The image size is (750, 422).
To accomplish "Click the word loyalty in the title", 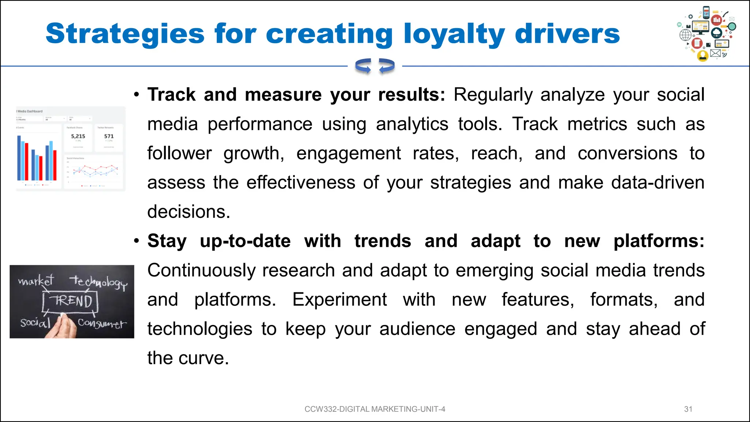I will point(454,34).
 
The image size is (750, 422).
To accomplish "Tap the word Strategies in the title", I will point(125,34).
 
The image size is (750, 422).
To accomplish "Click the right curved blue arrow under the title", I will point(387,66).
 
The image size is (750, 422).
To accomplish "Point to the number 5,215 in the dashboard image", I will point(78,136).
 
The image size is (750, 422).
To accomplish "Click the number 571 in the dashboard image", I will point(109,136).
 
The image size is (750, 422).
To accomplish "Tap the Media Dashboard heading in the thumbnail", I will point(30,111).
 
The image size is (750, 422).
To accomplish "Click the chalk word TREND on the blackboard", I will point(73,301).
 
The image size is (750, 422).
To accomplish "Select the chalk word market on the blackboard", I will point(36,281).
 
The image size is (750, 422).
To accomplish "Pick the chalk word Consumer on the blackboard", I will point(102,323).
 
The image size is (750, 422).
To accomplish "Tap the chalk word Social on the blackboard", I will point(35,323).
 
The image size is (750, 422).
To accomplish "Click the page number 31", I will point(688,409).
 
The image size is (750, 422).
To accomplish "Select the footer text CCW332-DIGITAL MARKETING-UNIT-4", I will point(375,409).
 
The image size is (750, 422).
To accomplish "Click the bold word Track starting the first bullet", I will point(171,95).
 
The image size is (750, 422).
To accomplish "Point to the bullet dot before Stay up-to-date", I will point(137,241).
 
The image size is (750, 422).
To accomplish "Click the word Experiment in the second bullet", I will point(339,300).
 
